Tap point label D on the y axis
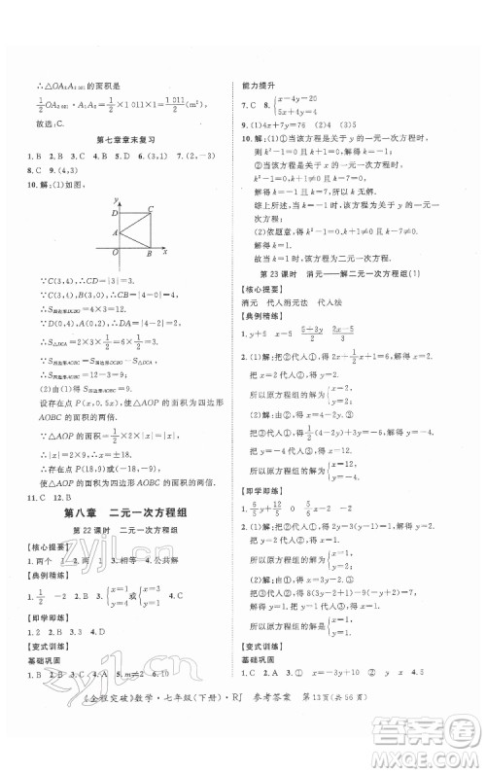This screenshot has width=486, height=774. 114,211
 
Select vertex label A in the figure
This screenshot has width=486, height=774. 114,232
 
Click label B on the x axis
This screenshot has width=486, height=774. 148,255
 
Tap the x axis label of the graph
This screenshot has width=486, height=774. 166,252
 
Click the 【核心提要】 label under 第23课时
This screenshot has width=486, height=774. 260,291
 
